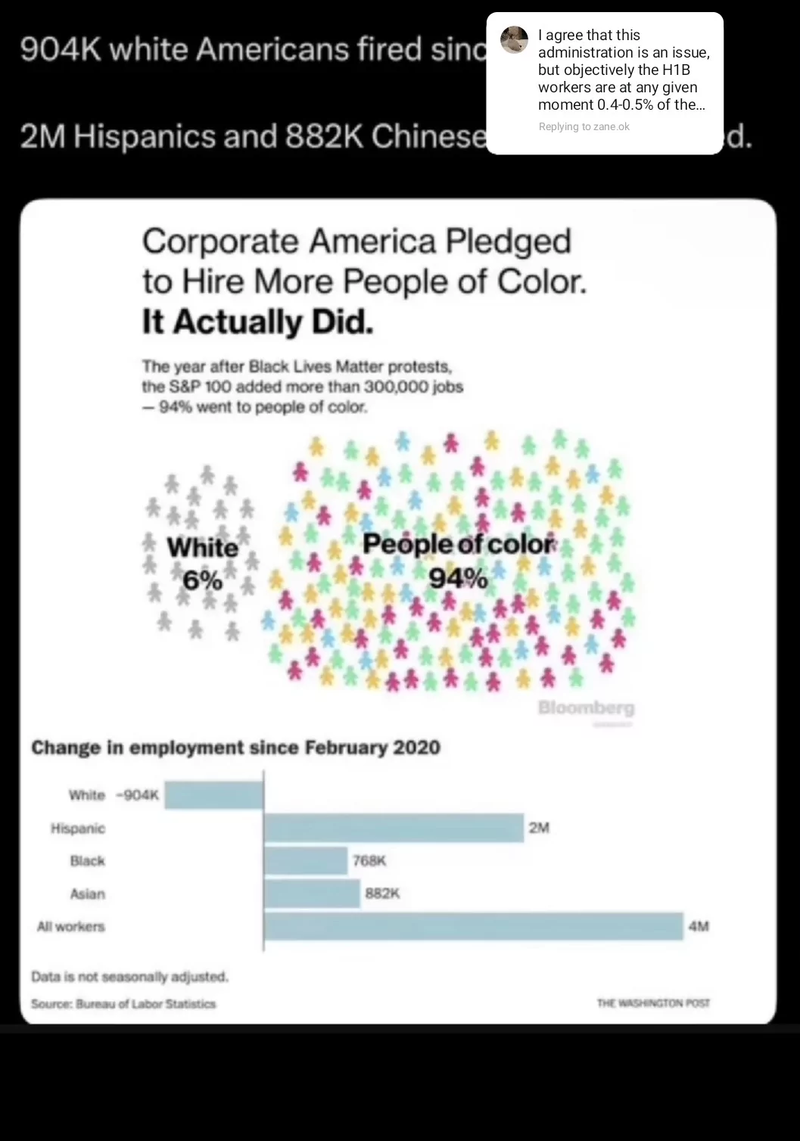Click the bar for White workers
coord(214,795)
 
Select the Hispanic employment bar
coord(394,828)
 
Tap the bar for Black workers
coord(306,861)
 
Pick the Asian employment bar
coord(312,894)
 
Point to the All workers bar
coord(473,926)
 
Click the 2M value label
coord(539,828)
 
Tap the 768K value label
coord(369,861)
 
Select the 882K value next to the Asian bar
coord(382,894)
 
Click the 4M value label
coord(699,926)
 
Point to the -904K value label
coord(138,795)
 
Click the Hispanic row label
coord(78,829)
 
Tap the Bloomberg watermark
coord(586,708)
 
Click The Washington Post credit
coord(653,1003)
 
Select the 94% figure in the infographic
coord(458,579)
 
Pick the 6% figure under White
coord(202,580)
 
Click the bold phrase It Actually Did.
coord(257,322)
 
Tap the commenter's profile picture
coord(515,40)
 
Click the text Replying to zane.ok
coord(584,126)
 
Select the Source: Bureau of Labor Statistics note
coord(123,1004)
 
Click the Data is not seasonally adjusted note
coord(129,977)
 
